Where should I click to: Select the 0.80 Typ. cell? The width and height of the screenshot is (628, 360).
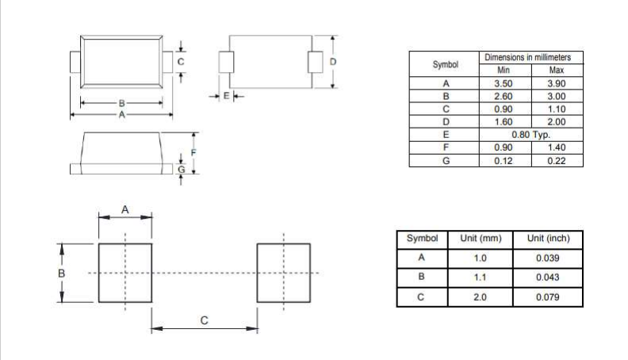530,135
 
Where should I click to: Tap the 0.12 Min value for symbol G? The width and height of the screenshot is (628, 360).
502,161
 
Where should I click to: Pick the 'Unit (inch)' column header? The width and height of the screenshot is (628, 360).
548,239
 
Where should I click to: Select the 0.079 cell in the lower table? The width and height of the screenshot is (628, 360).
548,297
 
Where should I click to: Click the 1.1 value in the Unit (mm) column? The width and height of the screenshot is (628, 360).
480,278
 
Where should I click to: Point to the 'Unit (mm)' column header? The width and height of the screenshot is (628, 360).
480,239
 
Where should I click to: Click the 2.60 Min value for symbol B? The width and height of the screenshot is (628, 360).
502,96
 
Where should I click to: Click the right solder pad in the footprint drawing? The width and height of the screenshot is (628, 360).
283,273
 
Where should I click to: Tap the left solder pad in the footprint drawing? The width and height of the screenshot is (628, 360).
124,273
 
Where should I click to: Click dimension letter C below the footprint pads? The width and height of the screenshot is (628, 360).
204,321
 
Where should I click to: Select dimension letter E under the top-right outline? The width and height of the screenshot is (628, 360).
226,95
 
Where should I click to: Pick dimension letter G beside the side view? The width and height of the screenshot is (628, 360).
181,168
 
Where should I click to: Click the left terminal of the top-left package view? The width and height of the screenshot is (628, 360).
75,61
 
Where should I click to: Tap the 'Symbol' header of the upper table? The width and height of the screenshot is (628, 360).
446,64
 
